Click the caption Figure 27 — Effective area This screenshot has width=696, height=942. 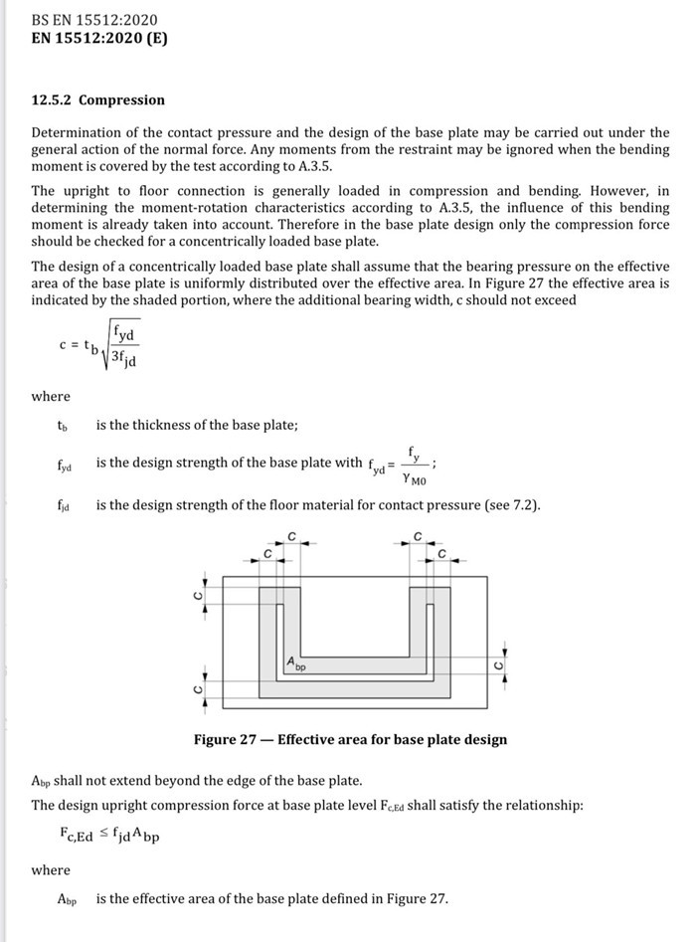point(350,739)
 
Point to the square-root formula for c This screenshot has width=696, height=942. point(99,345)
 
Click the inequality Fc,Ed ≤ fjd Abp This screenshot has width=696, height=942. point(109,836)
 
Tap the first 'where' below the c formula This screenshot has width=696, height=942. point(51,396)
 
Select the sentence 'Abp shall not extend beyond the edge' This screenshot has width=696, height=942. point(197,779)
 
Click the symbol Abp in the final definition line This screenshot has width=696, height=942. point(67,899)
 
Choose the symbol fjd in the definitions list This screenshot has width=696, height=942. point(64,505)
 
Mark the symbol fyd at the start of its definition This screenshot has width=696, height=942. point(65,465)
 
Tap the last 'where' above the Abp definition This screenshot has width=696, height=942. point(51,869)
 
